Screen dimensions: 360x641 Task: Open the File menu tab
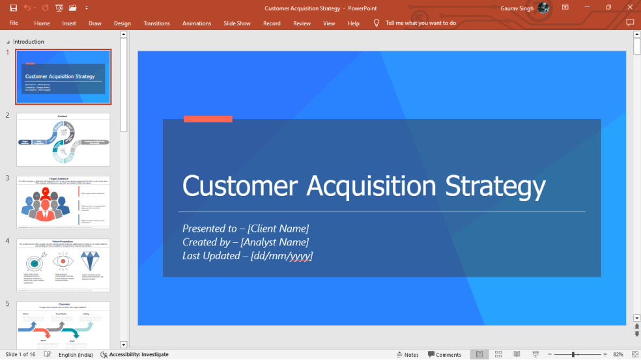click(x=14, y=23)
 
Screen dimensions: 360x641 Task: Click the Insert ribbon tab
click(x=69, y=23)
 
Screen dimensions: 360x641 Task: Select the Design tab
click(x=122, y=23)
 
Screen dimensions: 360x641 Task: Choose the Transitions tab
click(x=156, y=23)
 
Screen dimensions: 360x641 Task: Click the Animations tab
click(x=197, y=23)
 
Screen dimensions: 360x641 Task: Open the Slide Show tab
click(x=237, y=23)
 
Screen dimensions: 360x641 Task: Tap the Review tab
click(x=302, y=23)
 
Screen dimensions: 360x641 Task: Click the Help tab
click(x=353, y=23)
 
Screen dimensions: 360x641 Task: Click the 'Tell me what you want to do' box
click(x=420, y=23)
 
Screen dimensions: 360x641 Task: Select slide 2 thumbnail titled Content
click(x=63, y=139)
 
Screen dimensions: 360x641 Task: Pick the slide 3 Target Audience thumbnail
click(x=63, y=202)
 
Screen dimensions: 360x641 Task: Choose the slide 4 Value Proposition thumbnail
click(x=63, y=265)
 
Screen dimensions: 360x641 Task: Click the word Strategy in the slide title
click(x=495, y=186)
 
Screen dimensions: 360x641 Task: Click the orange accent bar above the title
click(x=208, y=118)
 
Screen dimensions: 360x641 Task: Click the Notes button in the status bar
click(x=407, y=355)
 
